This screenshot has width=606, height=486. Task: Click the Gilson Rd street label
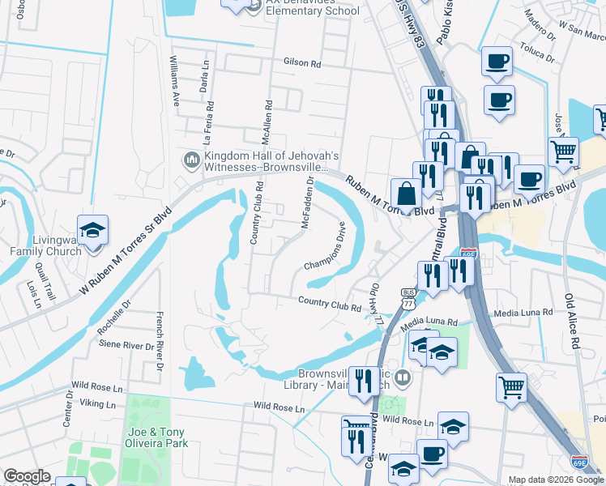click(302, 62)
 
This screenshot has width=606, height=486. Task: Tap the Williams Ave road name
click(174, 81)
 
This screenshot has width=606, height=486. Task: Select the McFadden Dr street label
click(307, 203)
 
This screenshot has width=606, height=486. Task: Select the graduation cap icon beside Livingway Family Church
click(92, 229)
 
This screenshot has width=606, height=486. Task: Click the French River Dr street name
click(160, 342)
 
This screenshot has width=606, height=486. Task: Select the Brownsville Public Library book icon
click(403, 377)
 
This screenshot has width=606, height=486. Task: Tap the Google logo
click(27, 476)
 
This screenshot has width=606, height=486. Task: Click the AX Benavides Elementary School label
click(312, 7)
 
